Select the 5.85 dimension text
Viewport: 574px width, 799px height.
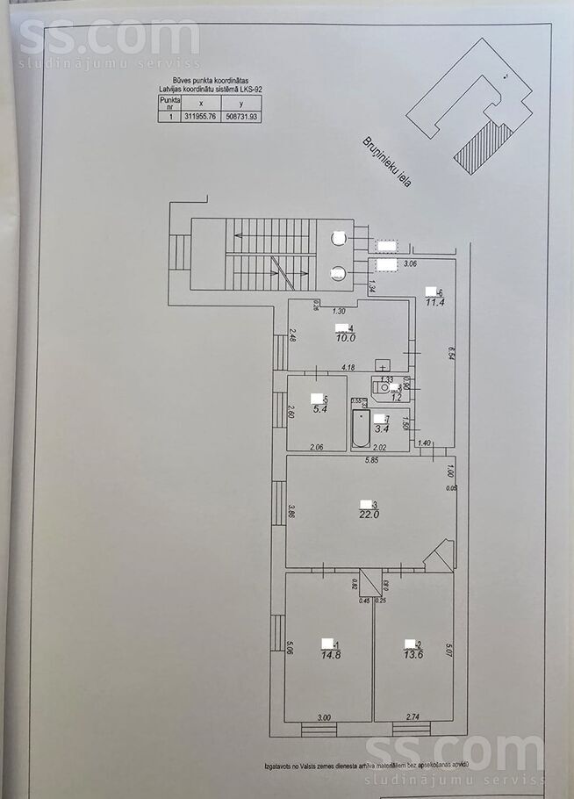point(372,459)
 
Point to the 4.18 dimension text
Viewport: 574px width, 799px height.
point(348,368)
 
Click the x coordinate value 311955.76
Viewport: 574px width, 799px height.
point(201,115)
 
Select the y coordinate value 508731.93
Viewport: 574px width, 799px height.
point(243,115)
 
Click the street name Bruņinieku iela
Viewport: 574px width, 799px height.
point(386,160)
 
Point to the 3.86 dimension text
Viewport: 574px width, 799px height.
point(291,511)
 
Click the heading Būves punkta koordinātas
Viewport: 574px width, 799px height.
point(211,78)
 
